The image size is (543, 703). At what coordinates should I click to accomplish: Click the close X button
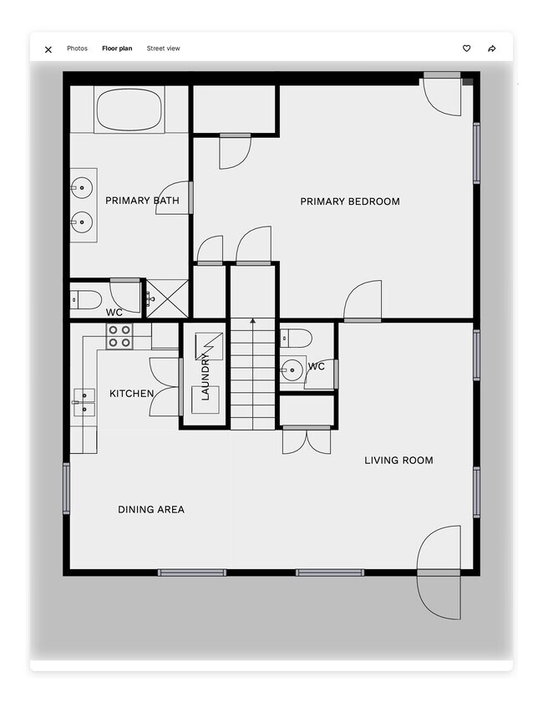point(48,49)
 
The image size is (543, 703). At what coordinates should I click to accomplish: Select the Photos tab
point(77,48)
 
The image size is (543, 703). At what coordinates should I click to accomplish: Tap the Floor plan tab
point(117,48)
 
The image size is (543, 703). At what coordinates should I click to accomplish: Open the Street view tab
point(163,48)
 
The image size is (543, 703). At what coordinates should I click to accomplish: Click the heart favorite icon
point(466,48)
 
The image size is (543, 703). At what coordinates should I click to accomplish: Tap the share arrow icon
point(492,48)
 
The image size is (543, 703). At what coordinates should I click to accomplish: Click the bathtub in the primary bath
point(129,110)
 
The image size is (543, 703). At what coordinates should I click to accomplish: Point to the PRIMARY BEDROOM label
point(350,201)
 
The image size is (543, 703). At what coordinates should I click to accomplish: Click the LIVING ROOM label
point(398,461)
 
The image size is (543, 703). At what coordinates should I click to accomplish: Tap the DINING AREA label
point(151,509)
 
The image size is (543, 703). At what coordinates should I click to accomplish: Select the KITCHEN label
point(132,394)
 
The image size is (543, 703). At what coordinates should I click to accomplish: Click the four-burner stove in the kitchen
point(119,336)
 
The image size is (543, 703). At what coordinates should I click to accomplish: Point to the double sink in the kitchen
point(84,402)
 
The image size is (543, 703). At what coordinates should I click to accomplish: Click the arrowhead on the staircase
point(252,321)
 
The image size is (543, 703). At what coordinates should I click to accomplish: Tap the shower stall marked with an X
point(168,298)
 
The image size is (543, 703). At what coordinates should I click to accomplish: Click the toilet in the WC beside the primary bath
point(86,299)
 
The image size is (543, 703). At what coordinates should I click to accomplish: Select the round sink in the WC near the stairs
point(292,369)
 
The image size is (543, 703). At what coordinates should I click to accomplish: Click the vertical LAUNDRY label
point(206,377)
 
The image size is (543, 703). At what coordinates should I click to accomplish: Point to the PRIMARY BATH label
point(142,201)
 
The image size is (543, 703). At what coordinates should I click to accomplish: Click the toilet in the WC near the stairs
point(296,338)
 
